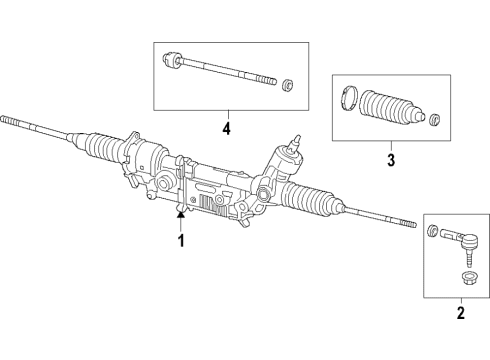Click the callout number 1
pyautogui.click(x=182, y=240)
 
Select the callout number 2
pyautogui.click(x=461, y=313)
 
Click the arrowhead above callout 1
pyautogui.click(x=181, y=213)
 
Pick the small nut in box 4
pyautogui.click(x=288, y=83)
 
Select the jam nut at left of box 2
pyautogui.click(x=432, y=260)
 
